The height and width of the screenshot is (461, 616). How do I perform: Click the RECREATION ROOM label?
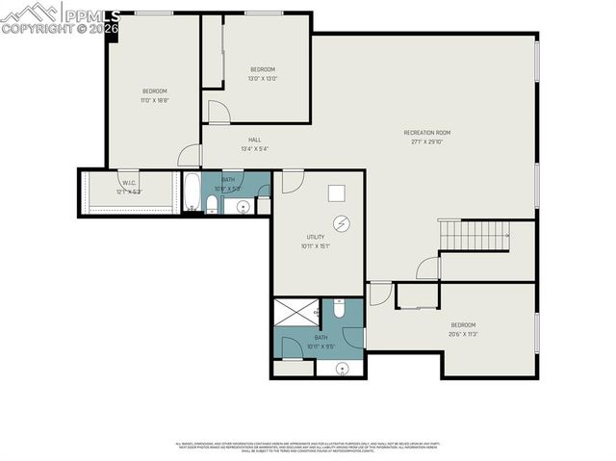point(426,133)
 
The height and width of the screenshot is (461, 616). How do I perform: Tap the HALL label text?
point(254,140)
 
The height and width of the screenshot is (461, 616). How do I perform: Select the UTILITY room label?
point(315,237)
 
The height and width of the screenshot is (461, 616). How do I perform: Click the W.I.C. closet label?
point(129,183)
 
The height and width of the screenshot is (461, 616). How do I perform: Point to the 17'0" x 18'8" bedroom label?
point(154,91)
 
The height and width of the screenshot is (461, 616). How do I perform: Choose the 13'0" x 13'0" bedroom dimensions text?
point(263,79)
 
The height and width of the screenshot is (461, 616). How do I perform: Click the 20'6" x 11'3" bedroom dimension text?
point(463,334)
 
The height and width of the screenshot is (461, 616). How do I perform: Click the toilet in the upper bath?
point(212,202)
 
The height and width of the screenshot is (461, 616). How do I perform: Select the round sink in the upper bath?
point(243,205)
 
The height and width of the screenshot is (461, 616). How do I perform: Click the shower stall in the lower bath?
point(296,312)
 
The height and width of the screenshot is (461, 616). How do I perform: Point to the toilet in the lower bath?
point(339,309)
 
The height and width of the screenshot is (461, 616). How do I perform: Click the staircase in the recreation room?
point(475,233)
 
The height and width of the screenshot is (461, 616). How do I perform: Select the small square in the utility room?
point(337,192)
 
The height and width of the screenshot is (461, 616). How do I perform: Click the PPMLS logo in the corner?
point(60,17)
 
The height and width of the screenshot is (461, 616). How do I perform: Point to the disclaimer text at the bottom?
point(308,448)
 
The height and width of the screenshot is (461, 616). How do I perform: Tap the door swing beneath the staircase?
point(428,267)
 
